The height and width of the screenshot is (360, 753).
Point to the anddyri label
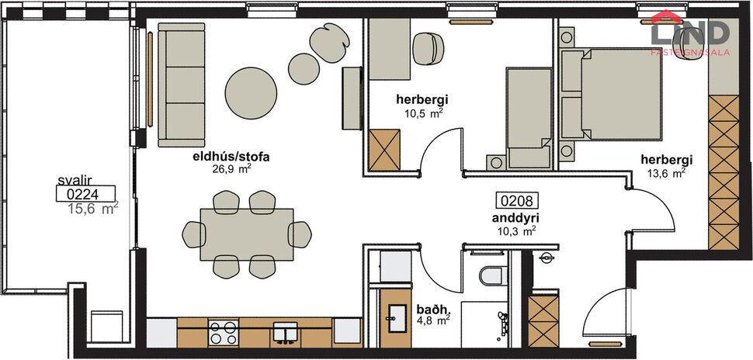pyautogui.click(x=516, y=218)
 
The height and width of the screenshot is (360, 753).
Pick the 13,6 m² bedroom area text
pyautogui.click(x=667, y=173)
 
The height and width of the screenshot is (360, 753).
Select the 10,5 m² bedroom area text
pyautogui.click(x=423, y=112)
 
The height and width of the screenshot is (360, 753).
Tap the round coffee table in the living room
pyautogui.click(x=251, y=92)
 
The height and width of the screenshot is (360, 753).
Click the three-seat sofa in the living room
pyautogui.click(x=180, y=84)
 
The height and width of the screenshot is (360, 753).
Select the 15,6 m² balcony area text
pyautogui.click(x=92, y=208)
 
